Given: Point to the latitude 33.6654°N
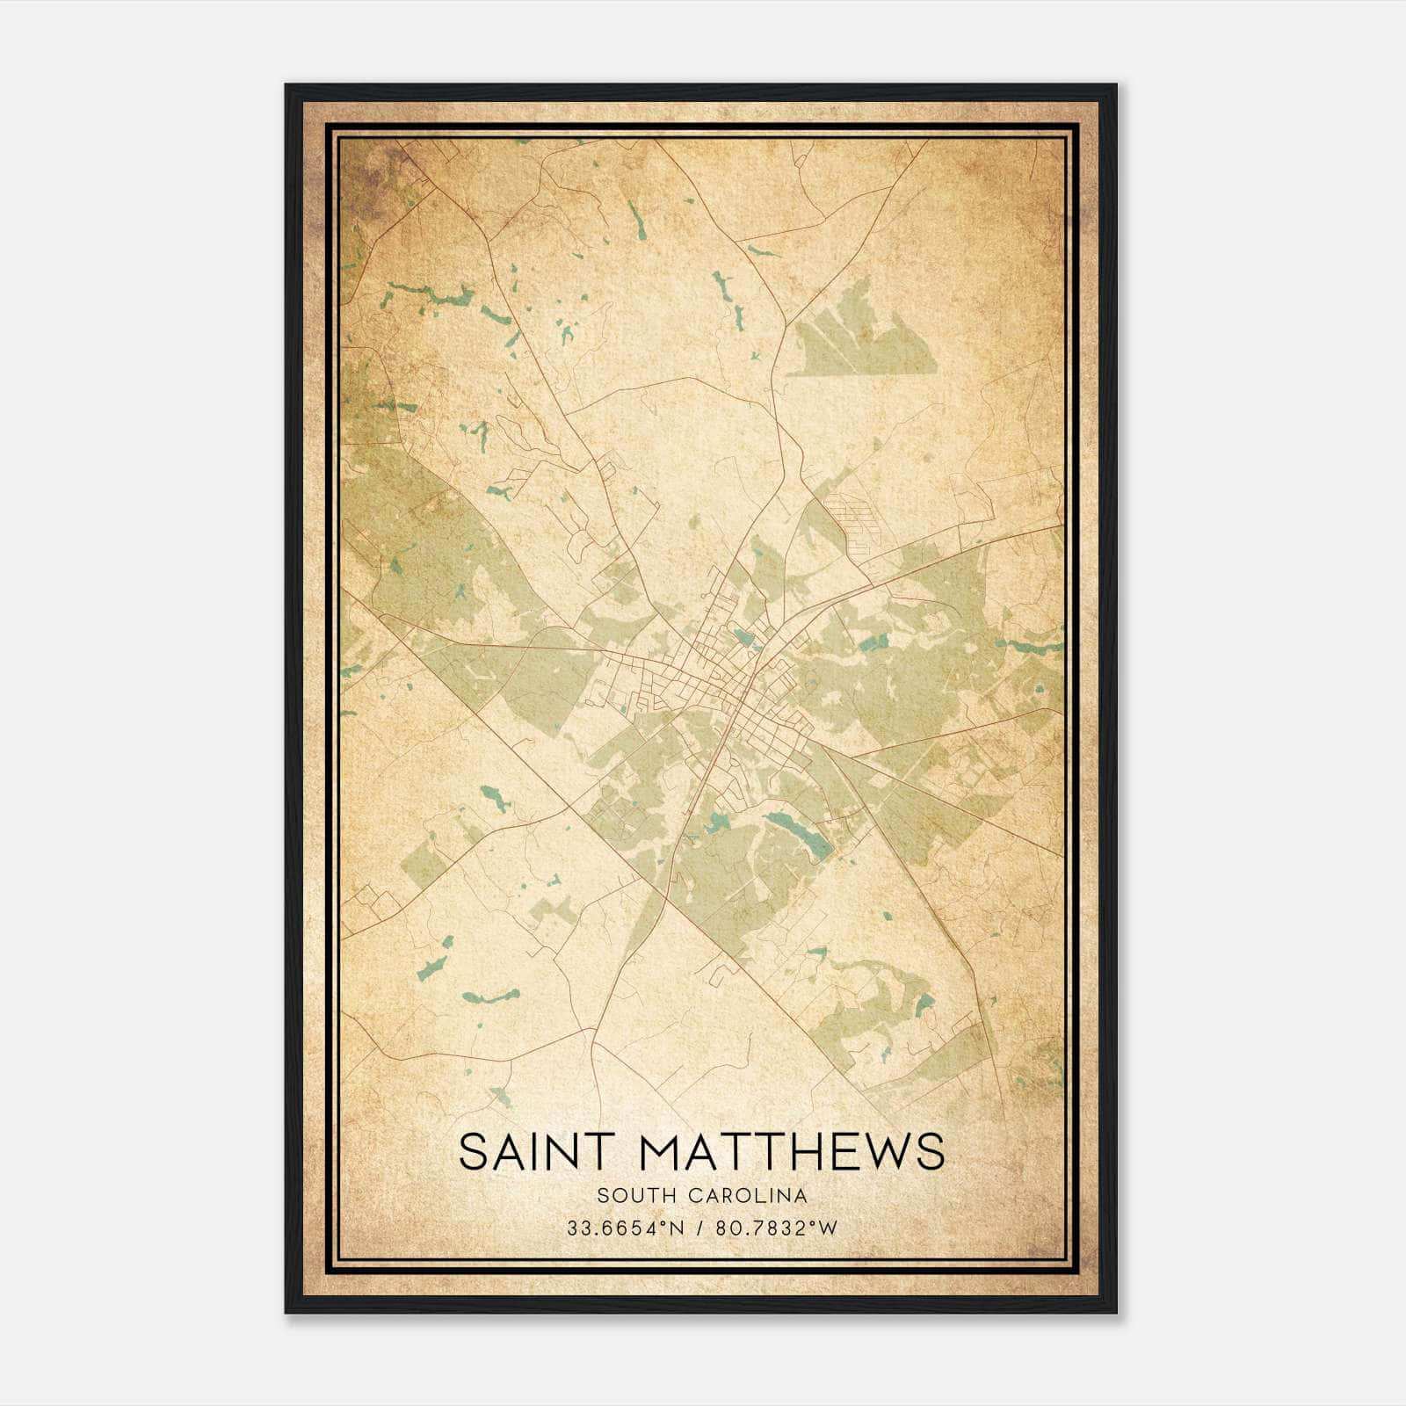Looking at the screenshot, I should coord(625,1228).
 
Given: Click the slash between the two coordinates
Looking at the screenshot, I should coord(699,1228).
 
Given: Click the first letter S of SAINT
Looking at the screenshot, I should coord(472,1151).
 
